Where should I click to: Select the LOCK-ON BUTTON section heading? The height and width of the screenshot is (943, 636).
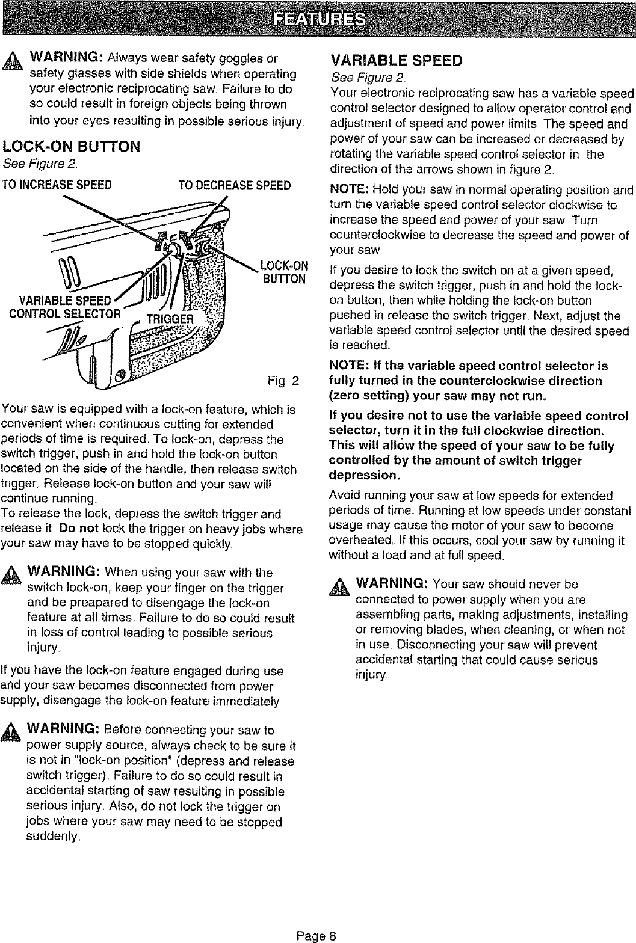click(72, 146)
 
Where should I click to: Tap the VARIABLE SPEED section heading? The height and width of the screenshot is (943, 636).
click(397, 61)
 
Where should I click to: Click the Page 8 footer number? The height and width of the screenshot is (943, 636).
click(318, 935)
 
